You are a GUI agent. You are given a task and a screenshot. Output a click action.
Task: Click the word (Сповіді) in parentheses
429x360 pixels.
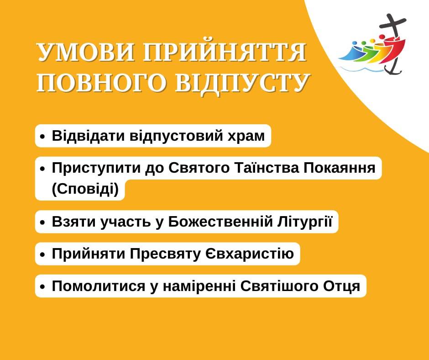click(85, 189)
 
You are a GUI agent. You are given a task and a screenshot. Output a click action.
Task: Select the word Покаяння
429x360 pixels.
click(339, 168)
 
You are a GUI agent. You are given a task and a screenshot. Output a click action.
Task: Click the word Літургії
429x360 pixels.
click(305, 222)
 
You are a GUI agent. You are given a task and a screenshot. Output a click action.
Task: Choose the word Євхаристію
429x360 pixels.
click(249, 254)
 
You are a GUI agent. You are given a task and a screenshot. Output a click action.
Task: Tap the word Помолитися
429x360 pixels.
click(99, 286)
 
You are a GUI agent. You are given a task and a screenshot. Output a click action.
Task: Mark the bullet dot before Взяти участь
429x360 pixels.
click(42, 222)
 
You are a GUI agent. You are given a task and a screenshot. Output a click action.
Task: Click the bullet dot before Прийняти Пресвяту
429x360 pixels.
click(42, 255)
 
